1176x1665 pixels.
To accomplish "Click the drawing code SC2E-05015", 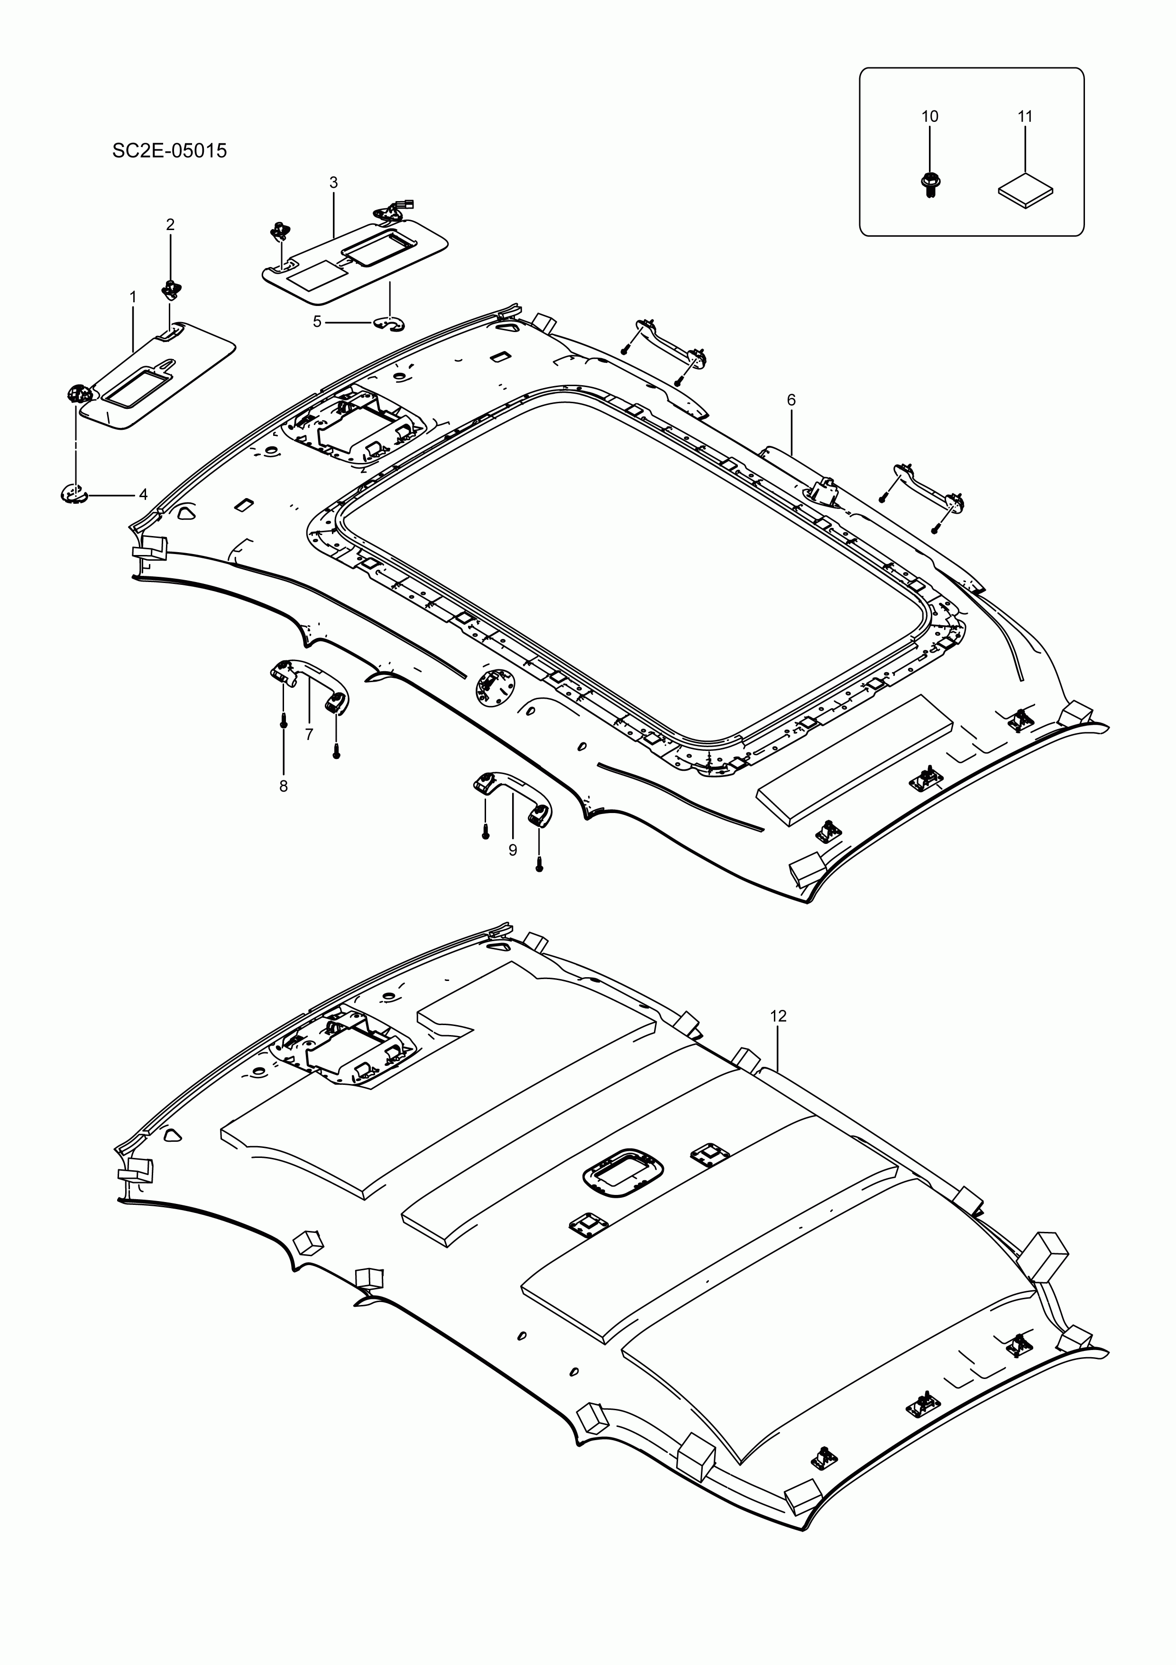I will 170,151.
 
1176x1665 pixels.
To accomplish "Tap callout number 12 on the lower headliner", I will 778,1017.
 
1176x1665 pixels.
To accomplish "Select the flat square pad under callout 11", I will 1025,190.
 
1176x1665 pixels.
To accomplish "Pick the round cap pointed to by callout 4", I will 73,494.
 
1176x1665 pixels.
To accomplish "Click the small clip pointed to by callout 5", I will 389,323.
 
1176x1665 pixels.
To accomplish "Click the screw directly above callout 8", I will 284,720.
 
